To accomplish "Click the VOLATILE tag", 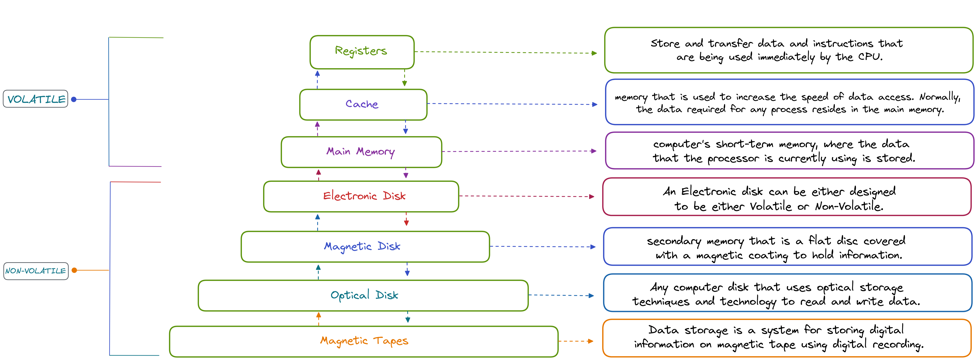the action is pyautogui.click(x=36, y=99).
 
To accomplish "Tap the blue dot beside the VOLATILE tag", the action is pyautogui.click(x=74, y=99).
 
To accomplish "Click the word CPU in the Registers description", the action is pyautogui.click(x=870, y=57).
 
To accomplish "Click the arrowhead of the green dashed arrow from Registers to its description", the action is pyautogui.click(x=594, y=53).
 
